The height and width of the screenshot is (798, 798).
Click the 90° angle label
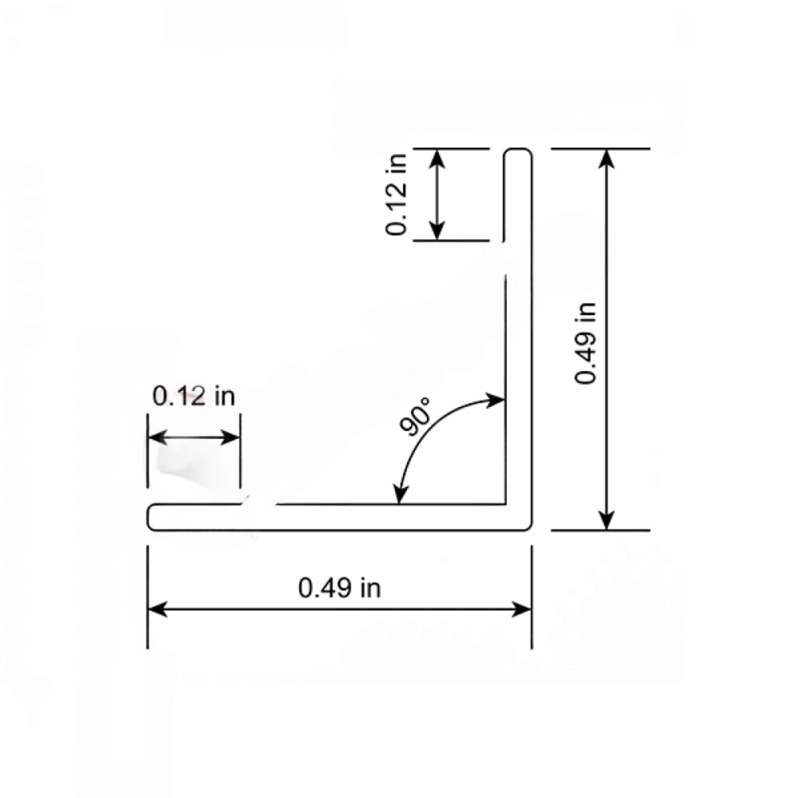415,417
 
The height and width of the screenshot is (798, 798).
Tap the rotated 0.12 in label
397,195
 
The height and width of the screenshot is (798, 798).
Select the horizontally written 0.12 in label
194,396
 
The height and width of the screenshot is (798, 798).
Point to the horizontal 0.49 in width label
339,587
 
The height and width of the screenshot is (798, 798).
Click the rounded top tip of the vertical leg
518,152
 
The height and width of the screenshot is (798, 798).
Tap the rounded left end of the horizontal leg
151,517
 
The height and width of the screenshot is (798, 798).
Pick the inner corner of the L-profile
504,503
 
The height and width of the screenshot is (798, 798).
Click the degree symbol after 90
426,401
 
